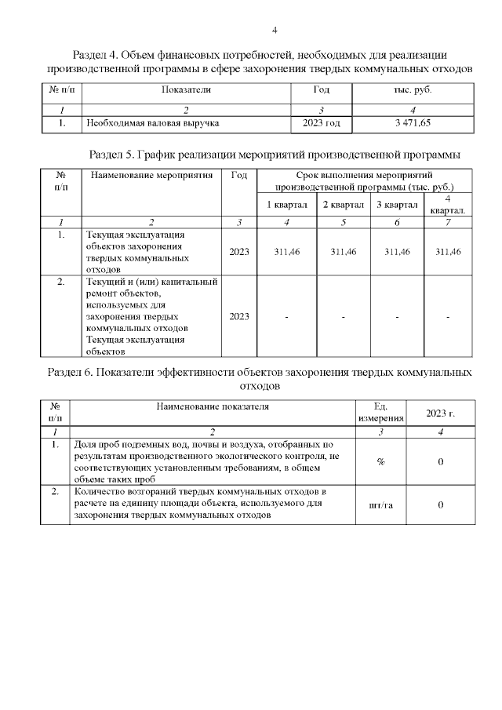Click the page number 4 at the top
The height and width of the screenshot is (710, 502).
(x=275, y=31)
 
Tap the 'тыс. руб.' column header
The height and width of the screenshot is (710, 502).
(x=413, y=90)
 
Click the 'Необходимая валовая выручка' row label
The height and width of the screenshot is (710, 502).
(x=153, y=123)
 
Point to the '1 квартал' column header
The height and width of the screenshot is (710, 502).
(x=286, y=205)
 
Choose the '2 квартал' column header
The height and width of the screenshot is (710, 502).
(x=343, y=205)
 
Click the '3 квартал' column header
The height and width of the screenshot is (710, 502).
(x=396, y=205)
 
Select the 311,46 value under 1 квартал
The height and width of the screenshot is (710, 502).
(x=286, y=251)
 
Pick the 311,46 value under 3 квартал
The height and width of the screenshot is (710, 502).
(x=396, y=251)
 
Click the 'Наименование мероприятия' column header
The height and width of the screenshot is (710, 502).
(x=151, y=175)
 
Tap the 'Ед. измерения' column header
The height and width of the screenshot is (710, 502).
(x=380, y=413)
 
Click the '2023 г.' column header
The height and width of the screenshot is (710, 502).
(x=440, y=413)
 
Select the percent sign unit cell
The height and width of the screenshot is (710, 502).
(x=380, y=462)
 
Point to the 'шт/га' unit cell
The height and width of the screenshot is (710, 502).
(x=380, y=504)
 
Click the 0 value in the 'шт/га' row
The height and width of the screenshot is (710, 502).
(x=440, y=504)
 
